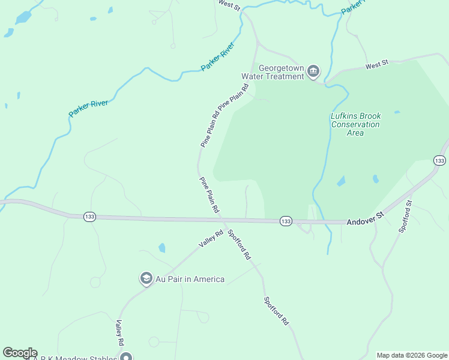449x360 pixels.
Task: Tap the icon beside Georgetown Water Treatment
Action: (x=313, y=72)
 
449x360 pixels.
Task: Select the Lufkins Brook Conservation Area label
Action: (x=355, y=124)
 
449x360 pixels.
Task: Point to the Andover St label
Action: (x=364, y=222)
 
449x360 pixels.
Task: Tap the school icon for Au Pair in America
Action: (x=146, y=279)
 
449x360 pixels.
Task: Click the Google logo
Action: (x=20, y=353)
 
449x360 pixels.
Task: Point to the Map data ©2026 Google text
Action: (x=412, y=355)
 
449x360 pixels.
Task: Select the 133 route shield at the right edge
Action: (x=439, y=160)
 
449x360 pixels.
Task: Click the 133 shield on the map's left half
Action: (x=89, y=217)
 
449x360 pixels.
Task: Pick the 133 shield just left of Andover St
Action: (x=286, y=221)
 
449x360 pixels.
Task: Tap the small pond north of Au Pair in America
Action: (x=161, y=247)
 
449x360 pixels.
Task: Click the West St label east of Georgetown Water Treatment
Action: (x=377, y=63)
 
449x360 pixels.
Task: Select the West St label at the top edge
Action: (x=229, y=6)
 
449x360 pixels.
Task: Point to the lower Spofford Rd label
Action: (x=276, y=311)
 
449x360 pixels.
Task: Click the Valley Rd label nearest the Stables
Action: (x=119, y=332)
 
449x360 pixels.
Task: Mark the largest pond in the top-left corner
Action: (x=23, y=17)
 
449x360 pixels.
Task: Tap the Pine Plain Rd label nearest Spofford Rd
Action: (x=209, y=196)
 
